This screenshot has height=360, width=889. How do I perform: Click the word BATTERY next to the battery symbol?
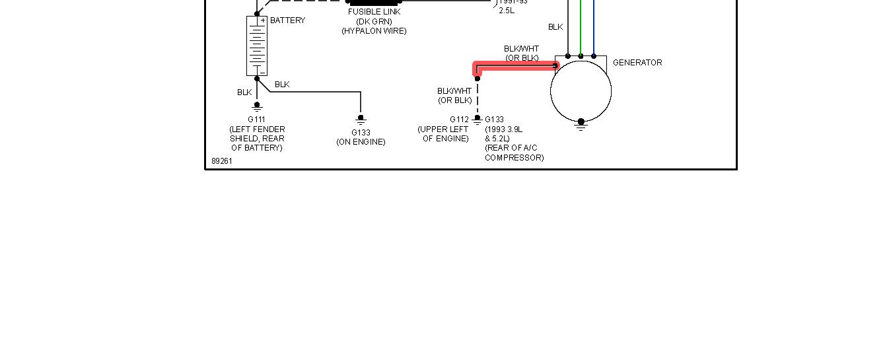pos(287,20)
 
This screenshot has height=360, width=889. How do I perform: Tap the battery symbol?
pos(256,46)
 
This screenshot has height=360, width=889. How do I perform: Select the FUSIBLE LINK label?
pos(374,12)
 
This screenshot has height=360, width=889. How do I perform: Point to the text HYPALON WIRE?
pos(374,31)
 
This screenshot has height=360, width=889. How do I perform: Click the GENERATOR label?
pos(637,63)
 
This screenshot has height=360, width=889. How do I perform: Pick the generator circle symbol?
pos(581,91)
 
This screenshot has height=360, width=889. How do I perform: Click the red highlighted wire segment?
pos(515,65)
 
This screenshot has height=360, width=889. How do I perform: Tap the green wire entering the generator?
pos(581,26)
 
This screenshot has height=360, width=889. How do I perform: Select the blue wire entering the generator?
pos(593,26)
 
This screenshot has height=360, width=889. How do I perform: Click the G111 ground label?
pos(256,120)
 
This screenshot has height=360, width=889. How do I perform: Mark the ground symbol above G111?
pos(257,106)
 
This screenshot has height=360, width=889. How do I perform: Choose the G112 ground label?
pos(460,120)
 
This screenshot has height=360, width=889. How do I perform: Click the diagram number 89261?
pos(222,161)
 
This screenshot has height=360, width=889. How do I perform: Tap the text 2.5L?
pos(507,11)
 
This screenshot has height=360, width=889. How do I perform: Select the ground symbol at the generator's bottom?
pos(581,125)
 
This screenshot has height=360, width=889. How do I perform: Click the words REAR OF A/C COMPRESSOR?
pos(514,153)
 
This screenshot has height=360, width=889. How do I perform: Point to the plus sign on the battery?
pos(262,20)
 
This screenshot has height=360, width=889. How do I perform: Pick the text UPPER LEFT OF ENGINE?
pos(443,134)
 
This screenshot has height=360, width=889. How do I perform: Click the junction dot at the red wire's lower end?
pos(477,79)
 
